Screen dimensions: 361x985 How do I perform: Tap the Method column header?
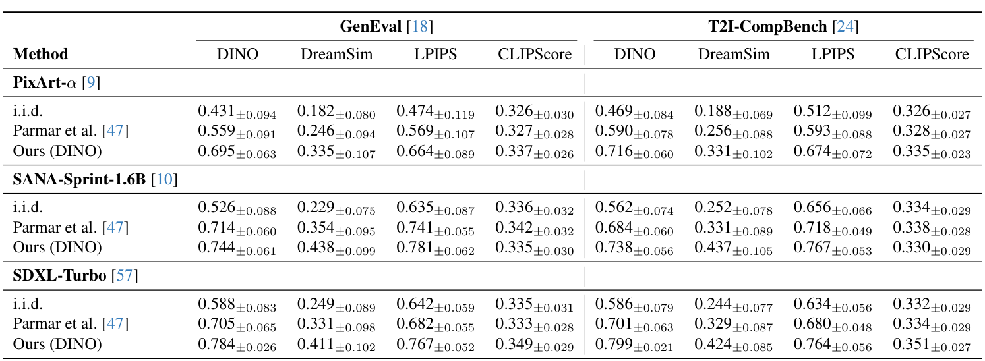[40, 54]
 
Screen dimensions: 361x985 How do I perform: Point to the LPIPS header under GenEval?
[436, 54]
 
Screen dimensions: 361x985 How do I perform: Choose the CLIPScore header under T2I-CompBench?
[932, 54]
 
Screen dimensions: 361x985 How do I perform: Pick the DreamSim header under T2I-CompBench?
[734, 54]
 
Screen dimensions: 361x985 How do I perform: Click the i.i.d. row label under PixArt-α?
[28, 112]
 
